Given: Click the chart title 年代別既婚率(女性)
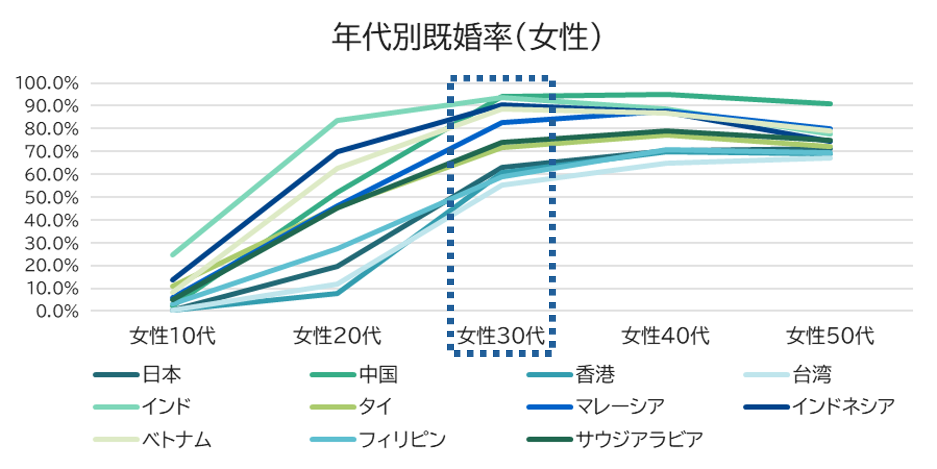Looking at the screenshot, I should click(467, 37).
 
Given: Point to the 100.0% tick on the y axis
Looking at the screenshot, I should click(47, 83).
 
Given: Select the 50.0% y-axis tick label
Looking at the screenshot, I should click(51, 198).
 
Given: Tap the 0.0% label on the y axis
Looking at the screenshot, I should click(57, 311).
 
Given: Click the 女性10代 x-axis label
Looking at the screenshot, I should click(173, 336).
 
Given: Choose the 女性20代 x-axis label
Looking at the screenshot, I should click(337, 336).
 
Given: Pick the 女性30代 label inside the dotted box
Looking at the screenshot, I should click(501, 336).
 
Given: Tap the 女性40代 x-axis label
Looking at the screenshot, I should click(666, 336).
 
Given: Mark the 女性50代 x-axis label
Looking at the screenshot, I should click(830, 336).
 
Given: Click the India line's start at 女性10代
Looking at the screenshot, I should click(173, 255).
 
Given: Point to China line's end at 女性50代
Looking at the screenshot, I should click(830, 104).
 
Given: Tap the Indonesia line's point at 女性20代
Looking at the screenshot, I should click(337, 152).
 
